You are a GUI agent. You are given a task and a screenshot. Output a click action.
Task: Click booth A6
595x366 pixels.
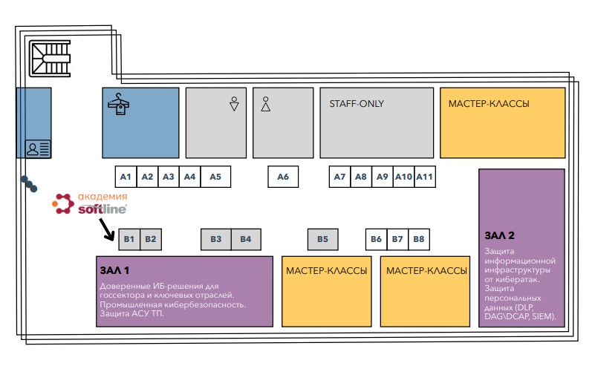(x=283, y=177)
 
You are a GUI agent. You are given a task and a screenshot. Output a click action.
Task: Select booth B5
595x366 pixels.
(x=322, y=239)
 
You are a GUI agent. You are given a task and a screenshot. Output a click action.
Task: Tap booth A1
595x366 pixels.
(x=126, y=177)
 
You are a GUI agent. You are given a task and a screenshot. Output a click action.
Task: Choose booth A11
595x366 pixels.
(x=425, y=177)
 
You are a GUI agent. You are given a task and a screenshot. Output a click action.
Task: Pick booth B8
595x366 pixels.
(x=419, y=239)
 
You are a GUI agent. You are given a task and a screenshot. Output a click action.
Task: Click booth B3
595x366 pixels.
(x=216, y=239)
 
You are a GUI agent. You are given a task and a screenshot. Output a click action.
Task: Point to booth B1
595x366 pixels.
(x=129, y=239)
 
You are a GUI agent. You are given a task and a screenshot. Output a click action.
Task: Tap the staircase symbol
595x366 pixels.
(x=50, y=59)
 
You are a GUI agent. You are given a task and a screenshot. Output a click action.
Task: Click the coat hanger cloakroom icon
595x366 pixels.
(x=118, y=104)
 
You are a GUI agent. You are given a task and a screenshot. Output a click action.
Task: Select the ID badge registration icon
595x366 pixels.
(x=38, y=148)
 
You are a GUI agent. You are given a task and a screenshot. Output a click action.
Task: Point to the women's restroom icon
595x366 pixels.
(x=234, y=103)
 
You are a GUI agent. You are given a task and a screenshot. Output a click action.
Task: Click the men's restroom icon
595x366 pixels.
(x=266, y=104)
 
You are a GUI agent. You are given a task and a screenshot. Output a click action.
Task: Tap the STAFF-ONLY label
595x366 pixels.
(x=357, y=103)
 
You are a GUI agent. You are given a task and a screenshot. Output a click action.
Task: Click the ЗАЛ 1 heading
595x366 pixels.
(x=114, y=270)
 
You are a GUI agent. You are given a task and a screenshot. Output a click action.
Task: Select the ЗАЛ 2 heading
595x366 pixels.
(x=499, y=235)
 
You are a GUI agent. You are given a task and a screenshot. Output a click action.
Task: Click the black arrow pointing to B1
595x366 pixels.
(x=107, y=230)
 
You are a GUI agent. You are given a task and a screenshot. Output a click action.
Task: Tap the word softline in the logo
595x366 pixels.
(x=103, y=209)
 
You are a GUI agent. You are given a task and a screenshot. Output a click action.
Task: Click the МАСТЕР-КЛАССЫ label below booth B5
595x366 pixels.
(x=326, y=271)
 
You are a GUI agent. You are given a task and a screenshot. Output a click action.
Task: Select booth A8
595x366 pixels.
(x=361, y=177)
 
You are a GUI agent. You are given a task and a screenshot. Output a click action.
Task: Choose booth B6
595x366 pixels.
(x=376, y=239)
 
